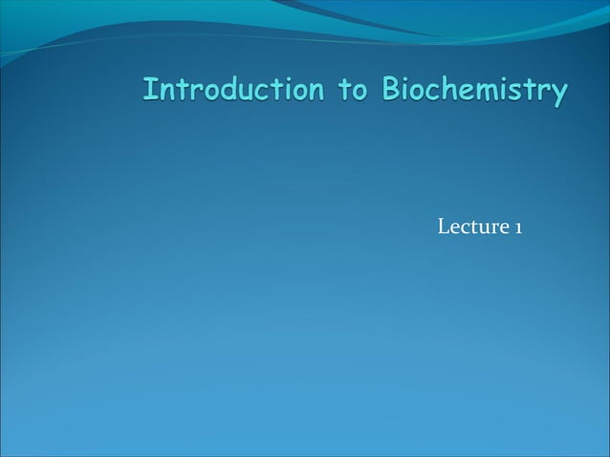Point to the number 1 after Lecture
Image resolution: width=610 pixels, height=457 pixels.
click(x=517, y=228)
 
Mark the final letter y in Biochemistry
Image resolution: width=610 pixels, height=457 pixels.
click(x=558, y=94)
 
